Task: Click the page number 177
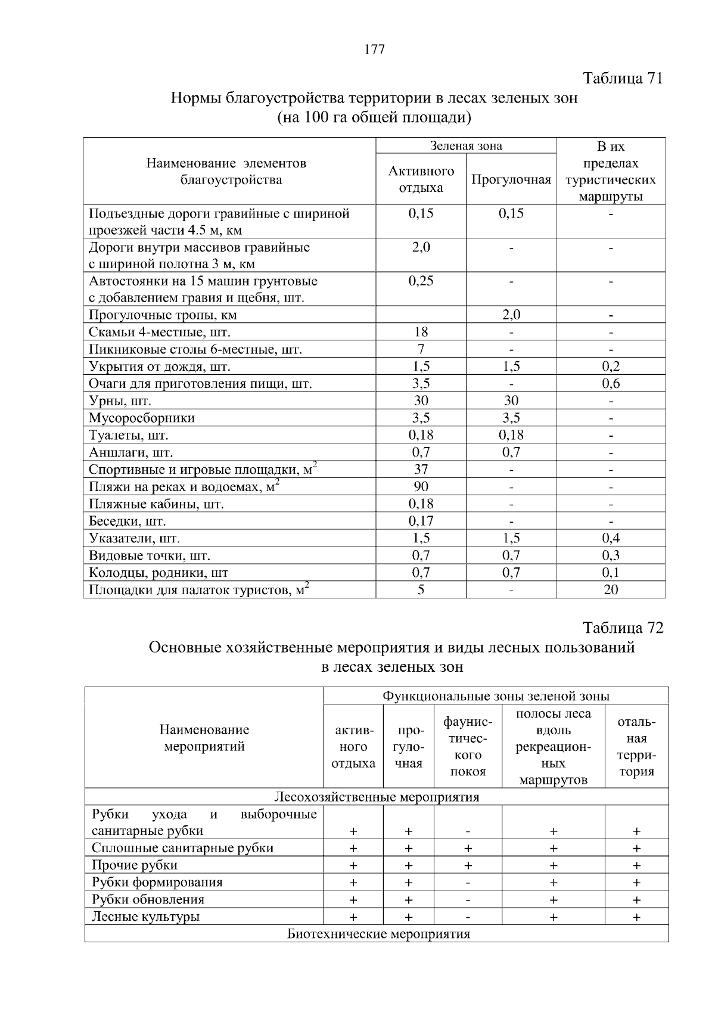click(374, 49)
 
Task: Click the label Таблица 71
click(623, 79)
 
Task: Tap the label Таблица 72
click(623, 628)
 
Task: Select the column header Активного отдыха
click(421, 179)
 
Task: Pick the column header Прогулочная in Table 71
click(511, 179)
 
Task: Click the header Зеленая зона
click(466, 146)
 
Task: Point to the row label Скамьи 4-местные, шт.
click(160, 332)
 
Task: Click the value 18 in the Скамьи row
click(421, 332)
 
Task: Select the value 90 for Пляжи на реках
click(421, 487)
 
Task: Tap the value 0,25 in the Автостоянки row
click(421, 281)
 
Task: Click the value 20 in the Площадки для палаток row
click(611, 590)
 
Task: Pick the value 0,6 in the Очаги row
click(611, 384)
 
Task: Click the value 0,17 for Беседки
click(421, 521)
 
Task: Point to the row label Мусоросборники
click(142, 418)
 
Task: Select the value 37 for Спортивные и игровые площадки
click(421, 470)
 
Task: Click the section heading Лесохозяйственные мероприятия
click(377, 797)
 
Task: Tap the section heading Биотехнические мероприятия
click(379, 934)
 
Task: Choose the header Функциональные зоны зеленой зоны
click(496, 696)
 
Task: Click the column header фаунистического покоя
click(468, 747)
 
